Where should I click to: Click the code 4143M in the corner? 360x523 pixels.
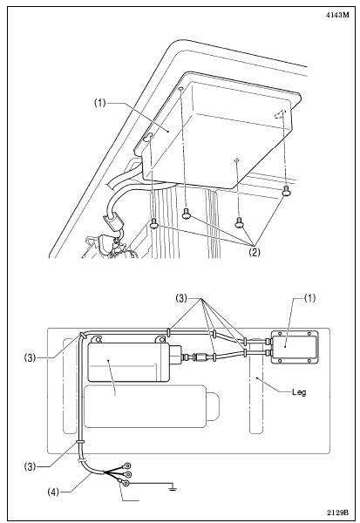tap(337, 15)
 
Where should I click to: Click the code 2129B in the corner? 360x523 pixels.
tap(337, 512)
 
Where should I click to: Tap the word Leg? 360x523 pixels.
tap(299, 392)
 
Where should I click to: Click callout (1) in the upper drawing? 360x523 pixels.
tap(99, 103)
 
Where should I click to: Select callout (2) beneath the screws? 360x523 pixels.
tap(254, 252)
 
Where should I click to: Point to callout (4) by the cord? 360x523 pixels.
tap(53, 492)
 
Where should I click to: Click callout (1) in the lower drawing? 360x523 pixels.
tap(309, 298)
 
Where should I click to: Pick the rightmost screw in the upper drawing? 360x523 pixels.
tap(286, 191)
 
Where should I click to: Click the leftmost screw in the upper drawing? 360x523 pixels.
tap(153, 223)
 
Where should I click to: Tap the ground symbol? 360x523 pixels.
tap(173, 488)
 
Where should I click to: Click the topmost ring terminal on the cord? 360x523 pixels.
tap(127, 465)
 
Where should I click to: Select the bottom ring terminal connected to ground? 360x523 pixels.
tap(124, 482)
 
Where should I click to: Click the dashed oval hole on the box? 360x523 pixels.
tap(279, 114)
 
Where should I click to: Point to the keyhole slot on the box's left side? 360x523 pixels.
tap(148, 136)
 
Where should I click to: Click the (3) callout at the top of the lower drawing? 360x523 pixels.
tap(182, 298)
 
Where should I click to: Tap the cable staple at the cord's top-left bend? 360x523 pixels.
tap(81, 335)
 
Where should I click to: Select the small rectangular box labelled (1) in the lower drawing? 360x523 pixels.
tap(294, 347)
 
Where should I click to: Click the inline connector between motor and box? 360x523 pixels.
tap(200, 357)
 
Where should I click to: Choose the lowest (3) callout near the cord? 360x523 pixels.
tap(30, 466)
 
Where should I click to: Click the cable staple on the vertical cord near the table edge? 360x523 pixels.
tap(80, 441)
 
